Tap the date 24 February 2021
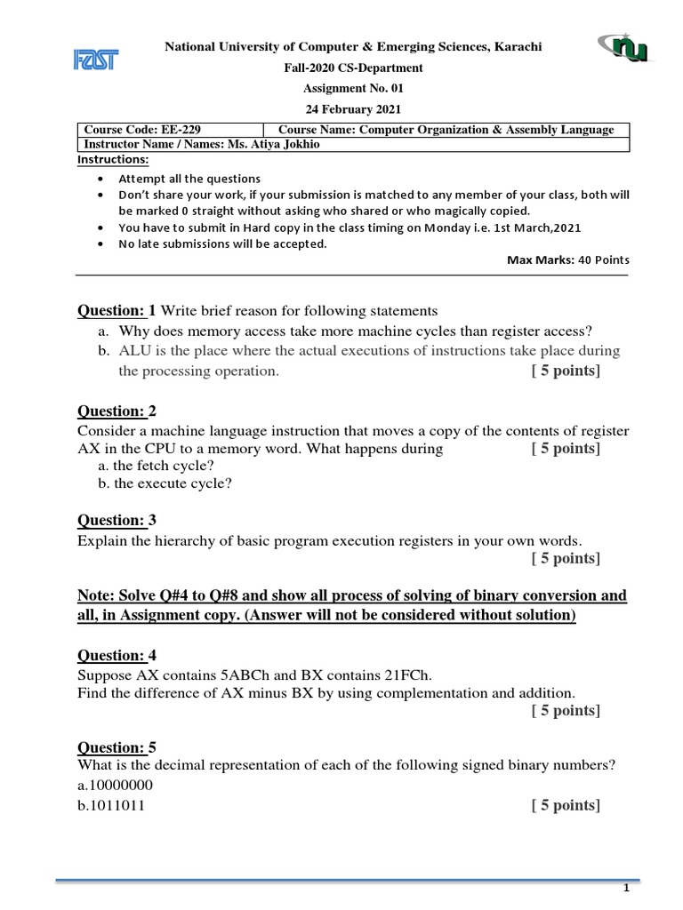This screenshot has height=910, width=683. [x=353, y=109]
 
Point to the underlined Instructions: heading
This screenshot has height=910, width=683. [x=114, y=160]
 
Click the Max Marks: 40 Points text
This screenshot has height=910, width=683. [x=567, y=259]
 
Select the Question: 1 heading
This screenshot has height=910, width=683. [x=117, y=310]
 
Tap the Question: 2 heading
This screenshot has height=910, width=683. [x=117, y=411]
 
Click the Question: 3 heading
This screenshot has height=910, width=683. [x=117, y=520]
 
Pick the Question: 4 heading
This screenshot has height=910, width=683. [x=117, y=655]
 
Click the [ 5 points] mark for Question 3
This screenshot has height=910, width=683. [x=566, y=558]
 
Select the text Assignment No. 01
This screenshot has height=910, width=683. [x=353, y=88]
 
